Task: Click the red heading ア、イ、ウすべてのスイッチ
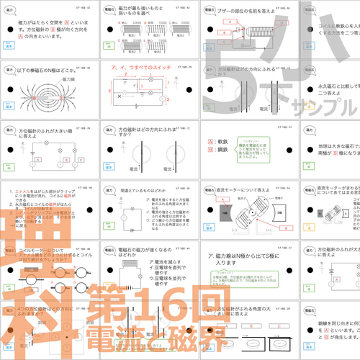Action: (x=141, y=68)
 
